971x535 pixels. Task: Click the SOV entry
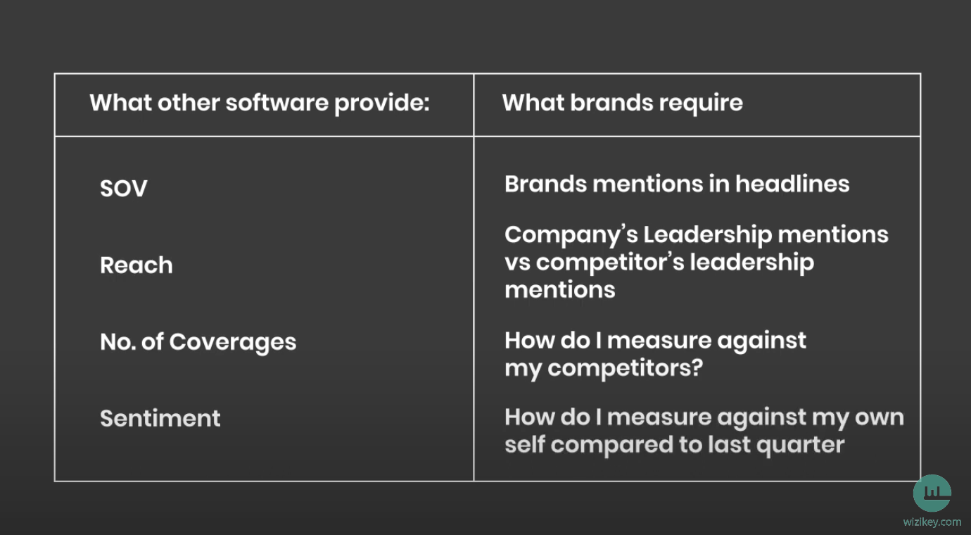[124, 189]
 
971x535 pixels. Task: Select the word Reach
[136, 265]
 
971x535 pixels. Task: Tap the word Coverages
[233, 343]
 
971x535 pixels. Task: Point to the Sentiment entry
[160, 418]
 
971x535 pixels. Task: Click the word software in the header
[277, 103]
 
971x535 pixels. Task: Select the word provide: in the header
[382, 104]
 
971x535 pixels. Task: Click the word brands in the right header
[611, 103]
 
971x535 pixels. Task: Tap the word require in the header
[701, 104]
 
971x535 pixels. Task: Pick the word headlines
[792, 184]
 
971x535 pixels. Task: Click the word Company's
[571, 236]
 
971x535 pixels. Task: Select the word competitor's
[610, 263]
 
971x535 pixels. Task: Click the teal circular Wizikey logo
[932, 493]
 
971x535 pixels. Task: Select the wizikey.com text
[932, 522]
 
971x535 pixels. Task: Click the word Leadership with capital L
[707, 235]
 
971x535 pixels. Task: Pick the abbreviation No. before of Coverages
[118, 342]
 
